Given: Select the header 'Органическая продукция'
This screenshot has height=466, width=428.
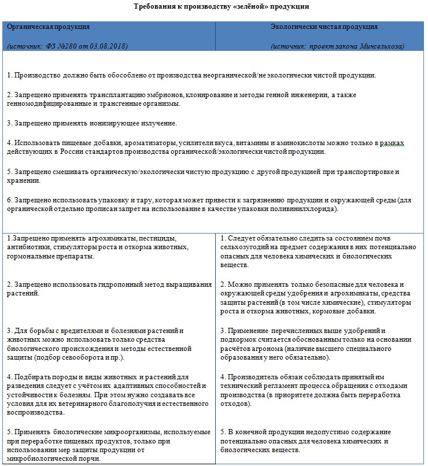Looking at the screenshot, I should [47, 27].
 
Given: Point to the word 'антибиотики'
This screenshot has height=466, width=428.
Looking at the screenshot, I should [28, 247].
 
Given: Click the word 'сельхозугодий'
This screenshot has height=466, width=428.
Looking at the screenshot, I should [246, 247].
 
